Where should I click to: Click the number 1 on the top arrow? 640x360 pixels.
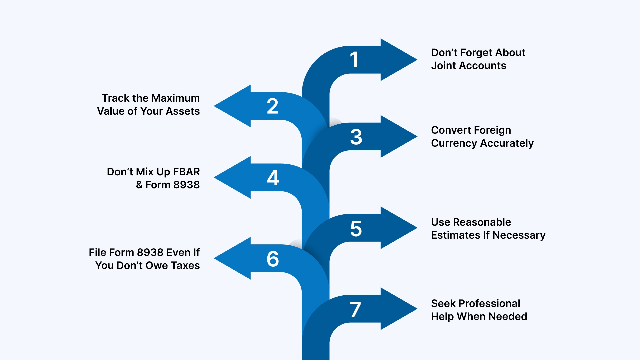[x=354, y=60]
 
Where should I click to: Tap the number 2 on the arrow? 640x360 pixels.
[x=273, y=106]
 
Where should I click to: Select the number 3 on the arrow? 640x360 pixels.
[x=356, y=137]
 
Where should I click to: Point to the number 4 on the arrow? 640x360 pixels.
[x=273, y=178]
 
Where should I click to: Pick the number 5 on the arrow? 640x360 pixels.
[x=356, y=229]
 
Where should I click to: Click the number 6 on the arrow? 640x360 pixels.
[x=273, y=259]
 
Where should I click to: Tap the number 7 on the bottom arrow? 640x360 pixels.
[x=355, y=310]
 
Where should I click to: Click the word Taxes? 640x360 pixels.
[x=185, y=265]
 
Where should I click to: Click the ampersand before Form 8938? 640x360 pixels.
[x=139, y=185]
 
